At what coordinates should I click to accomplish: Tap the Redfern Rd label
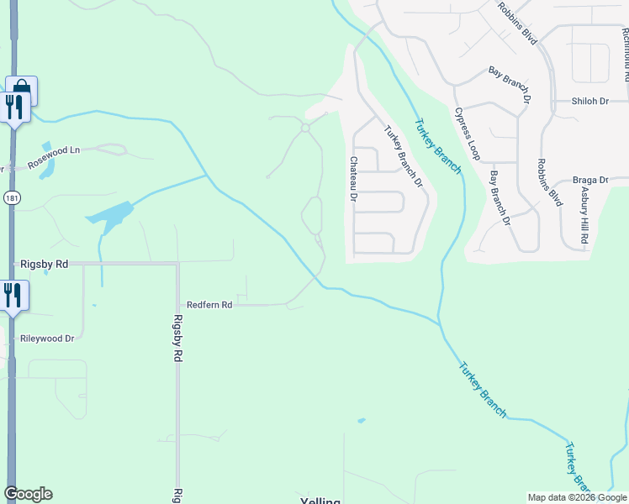(x=209, y=305)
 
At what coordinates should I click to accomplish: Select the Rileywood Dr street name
(x=47, y=339)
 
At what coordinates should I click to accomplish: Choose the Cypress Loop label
(x=468, y=134)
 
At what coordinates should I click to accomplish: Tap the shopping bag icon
(x=21, y=88)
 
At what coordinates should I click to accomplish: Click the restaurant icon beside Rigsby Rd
(x=13, y=296)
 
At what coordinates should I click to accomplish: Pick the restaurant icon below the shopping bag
(x=14, y=107)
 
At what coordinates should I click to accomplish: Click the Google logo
(x=28, y=494)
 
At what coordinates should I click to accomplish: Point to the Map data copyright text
(x=577, y=497)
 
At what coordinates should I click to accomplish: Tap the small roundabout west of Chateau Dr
(x=305, y=128)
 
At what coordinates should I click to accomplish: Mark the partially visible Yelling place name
(x=320, y=501)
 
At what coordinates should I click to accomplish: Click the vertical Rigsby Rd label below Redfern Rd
(x=177, y=339)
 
